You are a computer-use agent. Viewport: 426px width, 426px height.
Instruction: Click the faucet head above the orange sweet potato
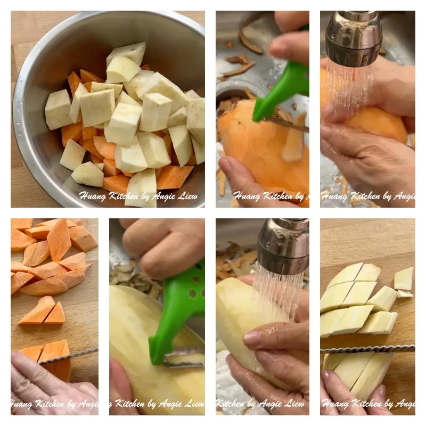click(x=353, y=37)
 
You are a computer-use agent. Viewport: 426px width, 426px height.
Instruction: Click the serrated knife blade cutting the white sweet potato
click(x=367, y=349)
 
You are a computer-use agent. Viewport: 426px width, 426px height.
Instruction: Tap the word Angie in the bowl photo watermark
click(x=166, y=196)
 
